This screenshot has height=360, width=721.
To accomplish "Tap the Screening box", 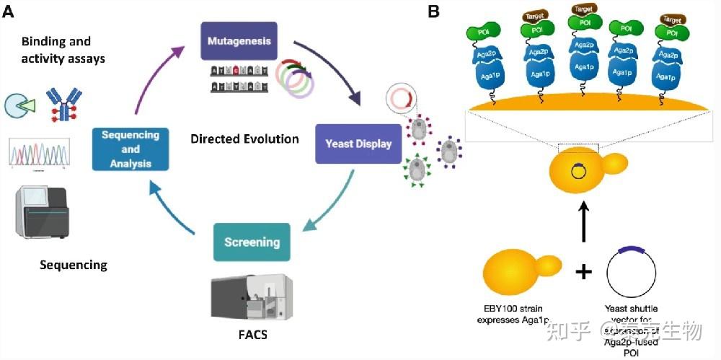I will click(252, 242).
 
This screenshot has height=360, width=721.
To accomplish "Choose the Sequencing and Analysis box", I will click(131, 149).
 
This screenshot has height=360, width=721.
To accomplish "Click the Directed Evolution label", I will click(244, 138).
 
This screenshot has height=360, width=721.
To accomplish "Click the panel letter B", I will click(434, 11).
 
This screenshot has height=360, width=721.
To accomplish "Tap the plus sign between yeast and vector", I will click(584, 271).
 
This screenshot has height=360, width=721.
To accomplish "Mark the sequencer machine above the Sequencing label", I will click(40, 213).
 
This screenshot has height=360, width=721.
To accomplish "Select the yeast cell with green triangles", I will click(419, 170).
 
